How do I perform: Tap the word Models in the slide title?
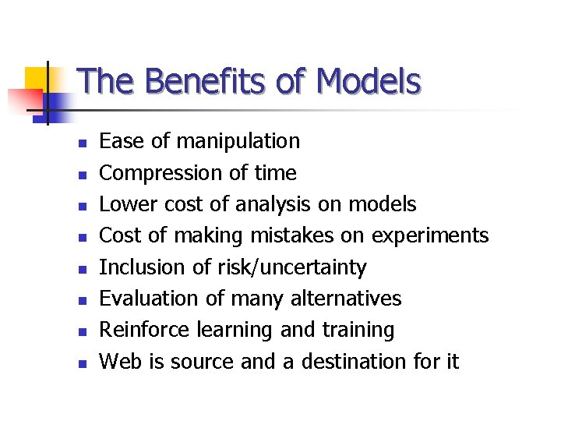coord(369,81)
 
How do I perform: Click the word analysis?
coord(273,204)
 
